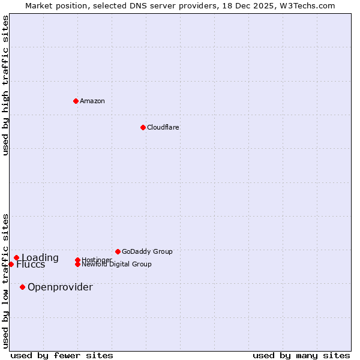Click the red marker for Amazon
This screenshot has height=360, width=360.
click(x=76, y=101)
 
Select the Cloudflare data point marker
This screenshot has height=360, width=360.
click(x=143, y=127)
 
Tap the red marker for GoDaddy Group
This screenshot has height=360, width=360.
click(x=118, y=251)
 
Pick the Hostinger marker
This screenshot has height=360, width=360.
click(x=77, y=260)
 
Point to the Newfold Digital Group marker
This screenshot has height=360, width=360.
click(x=77, y=264)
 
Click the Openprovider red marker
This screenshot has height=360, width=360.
click(x=22, y=287)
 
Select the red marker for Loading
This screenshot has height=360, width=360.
click(x=16, y=258)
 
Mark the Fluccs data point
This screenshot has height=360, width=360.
click(x=11, y=264)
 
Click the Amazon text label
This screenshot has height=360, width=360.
click(x=92, y=101)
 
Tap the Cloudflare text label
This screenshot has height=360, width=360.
click(x=163, y=127)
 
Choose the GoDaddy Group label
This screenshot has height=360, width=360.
click(x=147, y=251)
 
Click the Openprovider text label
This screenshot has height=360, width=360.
click(x=60, y=287)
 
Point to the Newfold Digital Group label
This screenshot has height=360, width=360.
click(x=116, y=264)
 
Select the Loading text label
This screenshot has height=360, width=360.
click(x=40, y=258)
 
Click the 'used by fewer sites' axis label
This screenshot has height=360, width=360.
click(x=62, y=355)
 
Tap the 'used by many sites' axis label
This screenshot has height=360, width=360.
click(x=301, y=355)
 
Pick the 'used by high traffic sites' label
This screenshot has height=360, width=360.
click(x=5, y=85)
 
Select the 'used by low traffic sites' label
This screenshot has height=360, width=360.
click(x=5, y=280)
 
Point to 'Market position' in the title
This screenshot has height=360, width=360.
click(x=52, y=5)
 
